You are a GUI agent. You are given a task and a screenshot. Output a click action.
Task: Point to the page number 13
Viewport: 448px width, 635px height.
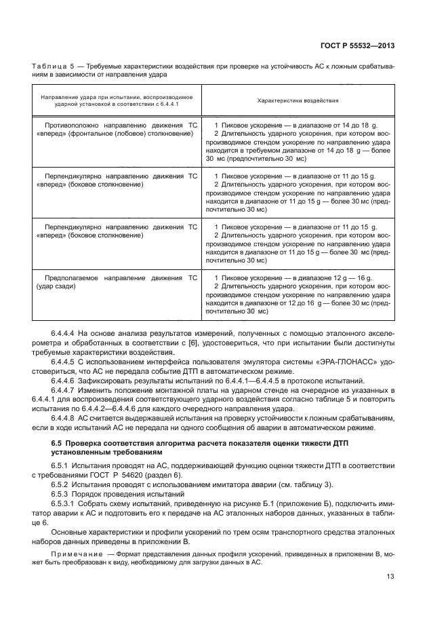390,597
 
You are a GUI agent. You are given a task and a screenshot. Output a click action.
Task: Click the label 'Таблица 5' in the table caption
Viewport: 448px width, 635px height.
53,66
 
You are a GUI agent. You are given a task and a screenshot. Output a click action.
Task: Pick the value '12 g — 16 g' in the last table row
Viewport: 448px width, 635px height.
350,278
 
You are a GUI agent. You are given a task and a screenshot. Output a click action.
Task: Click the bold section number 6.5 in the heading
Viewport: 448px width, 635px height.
57,443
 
